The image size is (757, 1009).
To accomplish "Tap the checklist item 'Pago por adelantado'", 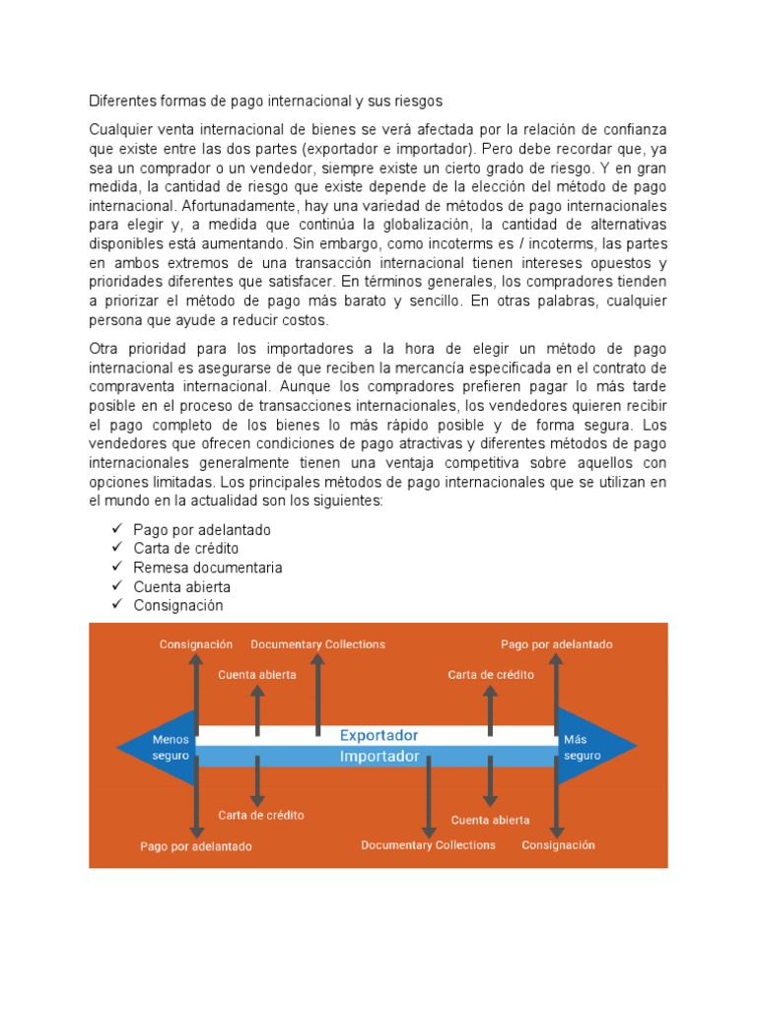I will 202,530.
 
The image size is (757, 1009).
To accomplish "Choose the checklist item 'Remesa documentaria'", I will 208,568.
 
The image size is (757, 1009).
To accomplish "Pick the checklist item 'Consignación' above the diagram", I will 178,605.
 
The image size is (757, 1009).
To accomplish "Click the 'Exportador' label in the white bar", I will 378,735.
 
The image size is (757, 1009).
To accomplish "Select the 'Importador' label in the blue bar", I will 378,757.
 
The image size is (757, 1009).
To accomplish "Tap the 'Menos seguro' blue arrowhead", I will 158,747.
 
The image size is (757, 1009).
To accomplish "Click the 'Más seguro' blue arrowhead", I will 587,747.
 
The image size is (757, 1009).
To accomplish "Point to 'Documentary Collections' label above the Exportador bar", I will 317,644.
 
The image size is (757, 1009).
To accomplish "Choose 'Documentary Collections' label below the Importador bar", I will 428,844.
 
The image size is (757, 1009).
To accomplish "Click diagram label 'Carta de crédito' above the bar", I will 491,675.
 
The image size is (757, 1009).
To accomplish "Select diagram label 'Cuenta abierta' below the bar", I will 490,820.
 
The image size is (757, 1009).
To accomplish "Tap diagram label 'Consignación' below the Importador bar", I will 558,844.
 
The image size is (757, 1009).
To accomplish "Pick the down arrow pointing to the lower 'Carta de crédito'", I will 257,783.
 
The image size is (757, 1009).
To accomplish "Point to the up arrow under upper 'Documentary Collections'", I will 317,695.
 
